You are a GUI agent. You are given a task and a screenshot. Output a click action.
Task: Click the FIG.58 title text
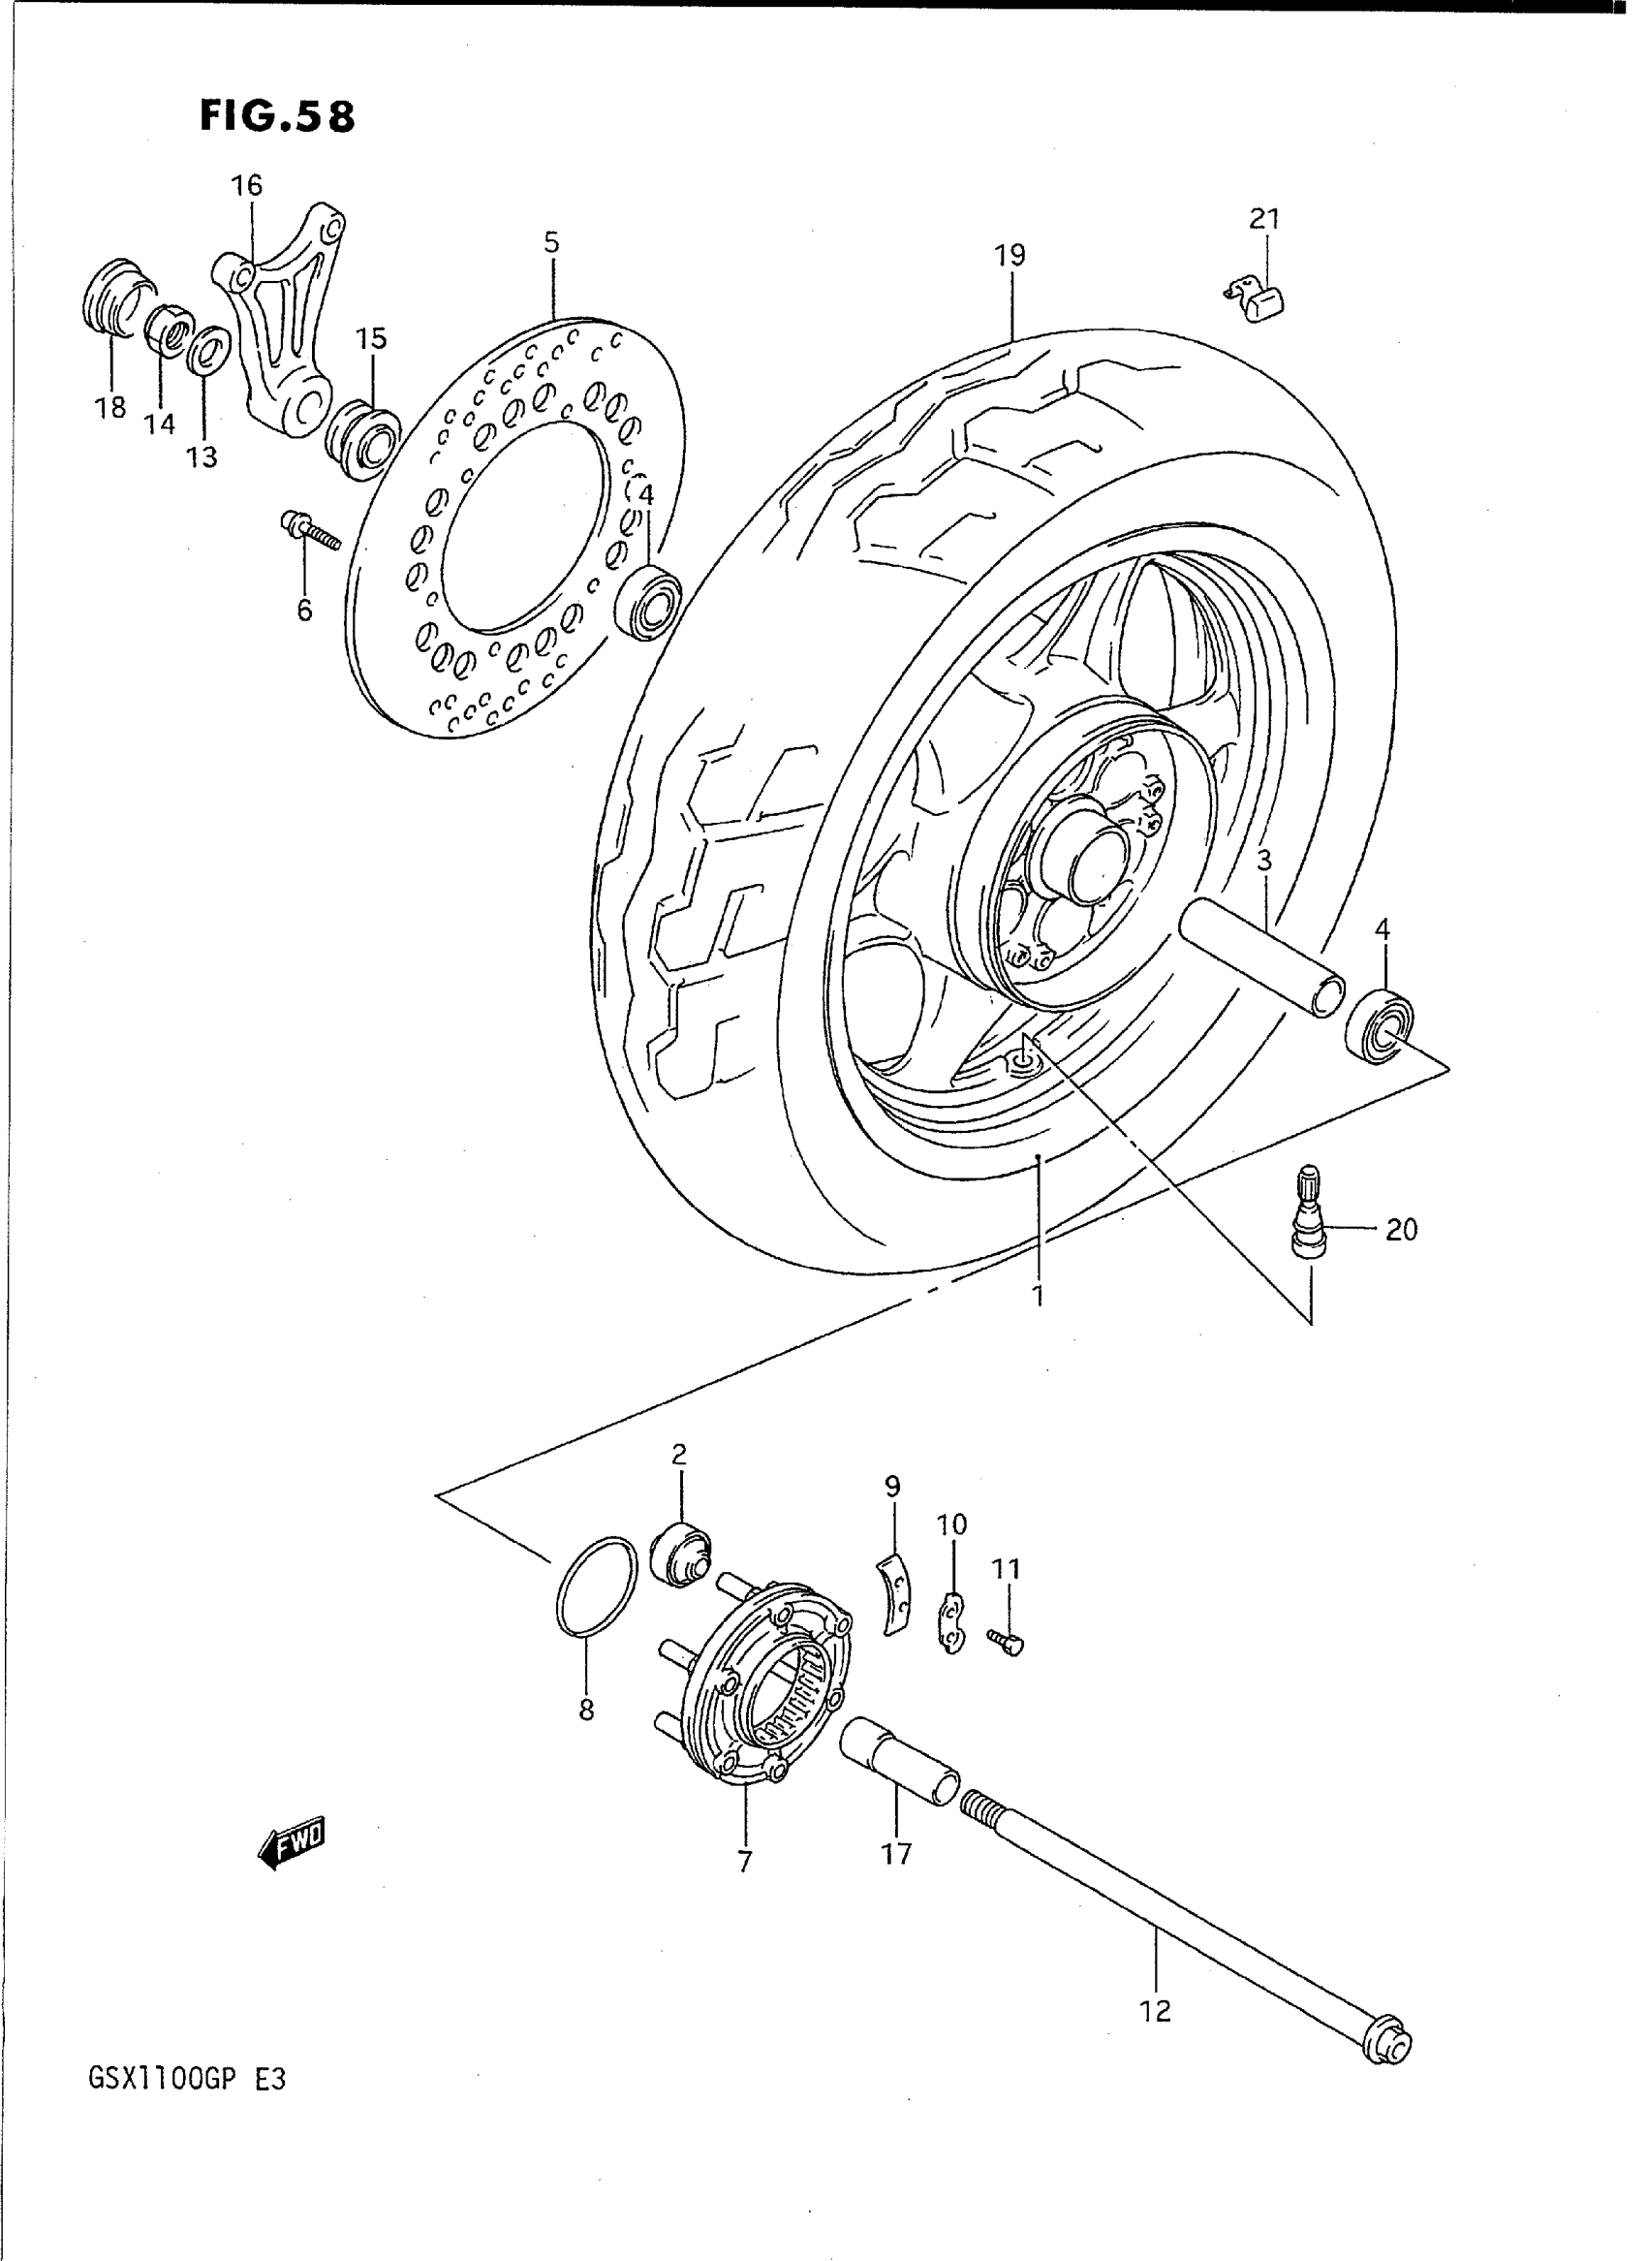276,116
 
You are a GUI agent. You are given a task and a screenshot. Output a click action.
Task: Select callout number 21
1264,218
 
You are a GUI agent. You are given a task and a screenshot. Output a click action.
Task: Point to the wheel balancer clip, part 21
1258,298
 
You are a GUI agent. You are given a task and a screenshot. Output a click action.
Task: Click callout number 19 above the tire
1009,256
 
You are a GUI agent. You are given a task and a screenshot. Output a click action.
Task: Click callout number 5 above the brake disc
551,243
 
